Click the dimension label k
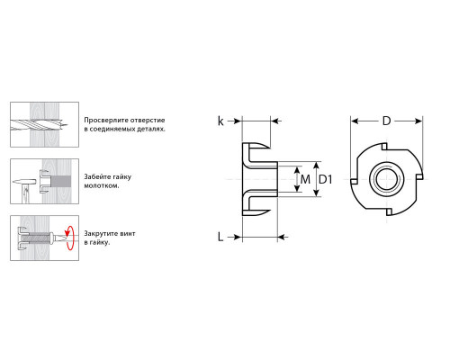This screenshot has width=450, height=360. tap(220, 121)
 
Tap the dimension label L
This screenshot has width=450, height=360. tap(220, 237)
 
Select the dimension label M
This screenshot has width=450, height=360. tap(305, 179)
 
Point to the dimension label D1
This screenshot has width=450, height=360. tap(325, 179)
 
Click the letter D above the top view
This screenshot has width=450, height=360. tap(386, 121)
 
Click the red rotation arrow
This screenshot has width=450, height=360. tap(70, 238)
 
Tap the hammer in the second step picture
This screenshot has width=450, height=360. tap(24, 188)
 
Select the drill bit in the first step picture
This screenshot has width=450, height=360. tap(40, 124)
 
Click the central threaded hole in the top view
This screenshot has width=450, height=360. tap(387, 179)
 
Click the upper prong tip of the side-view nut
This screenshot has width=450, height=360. tap(269, 147)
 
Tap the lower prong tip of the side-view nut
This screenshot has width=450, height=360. tap(269, 211)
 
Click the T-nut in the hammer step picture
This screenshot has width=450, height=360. tap(44, 182)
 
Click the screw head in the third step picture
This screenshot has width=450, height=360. tap(54, 238)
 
